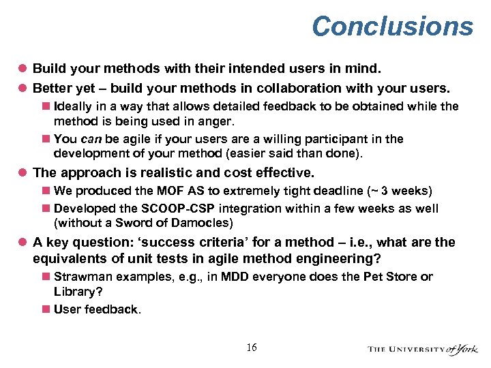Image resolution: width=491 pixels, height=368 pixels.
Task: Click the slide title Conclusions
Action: pos(392,27)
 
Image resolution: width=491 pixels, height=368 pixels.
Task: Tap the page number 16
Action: pos(252,348)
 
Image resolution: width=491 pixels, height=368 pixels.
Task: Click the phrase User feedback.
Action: pos(98,309)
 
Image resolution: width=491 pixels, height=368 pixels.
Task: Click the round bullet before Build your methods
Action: pos(23,69)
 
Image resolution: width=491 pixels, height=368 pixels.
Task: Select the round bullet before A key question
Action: pos(23,243)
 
